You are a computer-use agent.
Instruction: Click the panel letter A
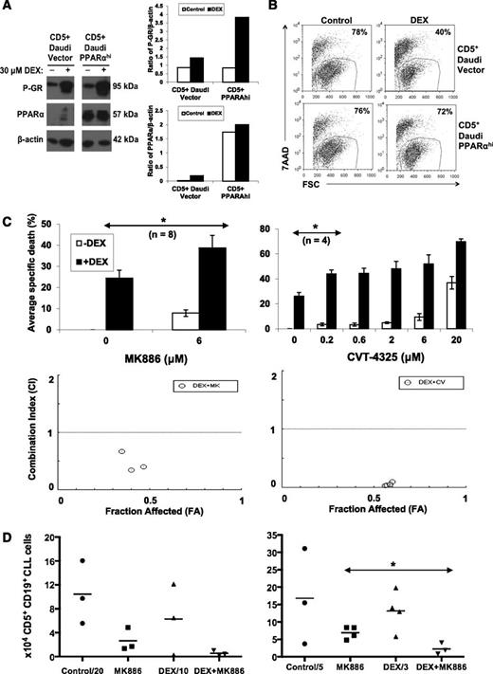tap(9, 8)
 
